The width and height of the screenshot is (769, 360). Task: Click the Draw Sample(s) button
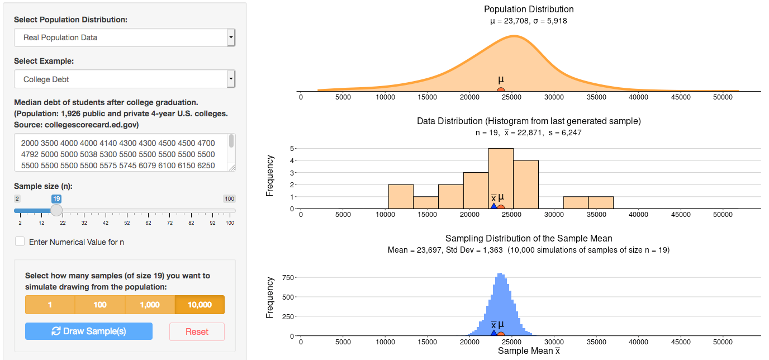pos(88,331)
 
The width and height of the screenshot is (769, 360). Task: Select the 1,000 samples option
pos(150,305)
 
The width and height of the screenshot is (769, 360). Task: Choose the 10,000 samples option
pos(200,305)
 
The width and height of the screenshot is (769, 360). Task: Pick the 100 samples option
pos(100,305)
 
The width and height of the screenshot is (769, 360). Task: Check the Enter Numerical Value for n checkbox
pos(20,241)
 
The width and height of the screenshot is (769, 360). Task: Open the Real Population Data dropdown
pos(124,37)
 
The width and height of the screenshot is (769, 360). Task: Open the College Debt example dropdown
pos(124,79)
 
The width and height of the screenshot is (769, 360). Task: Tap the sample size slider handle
pos(56,210)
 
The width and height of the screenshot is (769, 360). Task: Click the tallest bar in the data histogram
pos(501,178)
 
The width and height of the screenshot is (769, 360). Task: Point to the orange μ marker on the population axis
pos(501,91)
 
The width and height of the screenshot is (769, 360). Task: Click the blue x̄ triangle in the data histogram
pos(493,206)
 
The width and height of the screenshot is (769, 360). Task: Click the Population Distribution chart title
pos(528,9)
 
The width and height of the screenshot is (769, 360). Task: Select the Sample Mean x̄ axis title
pos(528,351)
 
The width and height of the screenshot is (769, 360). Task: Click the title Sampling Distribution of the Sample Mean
pos(528,238)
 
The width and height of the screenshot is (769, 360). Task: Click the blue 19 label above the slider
pos(56,198)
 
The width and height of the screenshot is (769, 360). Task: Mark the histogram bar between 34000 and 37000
pos(601,202)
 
